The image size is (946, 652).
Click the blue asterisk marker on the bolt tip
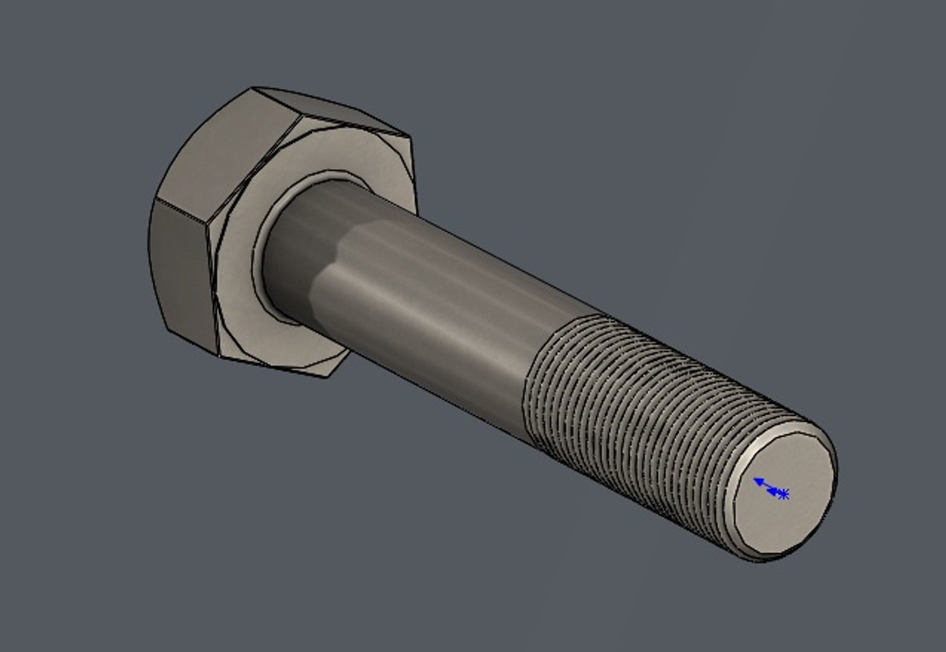pyautogui.click(x=783, y=494)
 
